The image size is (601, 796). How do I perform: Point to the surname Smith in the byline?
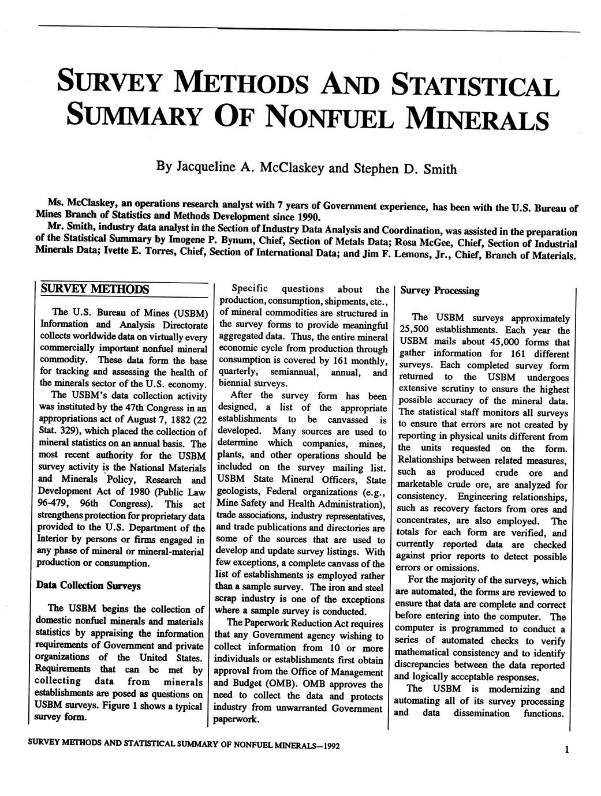441,170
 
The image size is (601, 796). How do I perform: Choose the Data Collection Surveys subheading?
88,585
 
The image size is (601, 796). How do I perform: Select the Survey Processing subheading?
440,291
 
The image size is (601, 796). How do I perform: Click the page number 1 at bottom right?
567,749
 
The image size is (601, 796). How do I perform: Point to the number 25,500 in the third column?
413,331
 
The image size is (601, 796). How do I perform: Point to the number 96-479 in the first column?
51,504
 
